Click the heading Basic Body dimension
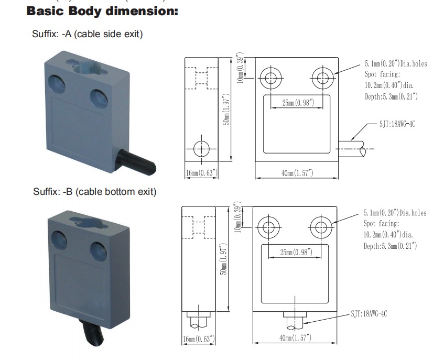[x=102, y=10]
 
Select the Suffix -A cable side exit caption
[x=88, y=34]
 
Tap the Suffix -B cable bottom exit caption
[x=94, y=192]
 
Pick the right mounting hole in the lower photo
[x=98, y=248]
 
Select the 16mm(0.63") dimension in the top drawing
[x=201, y=173]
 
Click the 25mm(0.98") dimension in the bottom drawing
[x=296, y=253]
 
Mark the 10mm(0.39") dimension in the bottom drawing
[x=238, y=217]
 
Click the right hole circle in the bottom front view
[x=320, y=227]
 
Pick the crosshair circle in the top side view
[x=201, y=149]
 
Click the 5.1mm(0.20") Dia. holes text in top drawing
[x=396, y=64]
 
